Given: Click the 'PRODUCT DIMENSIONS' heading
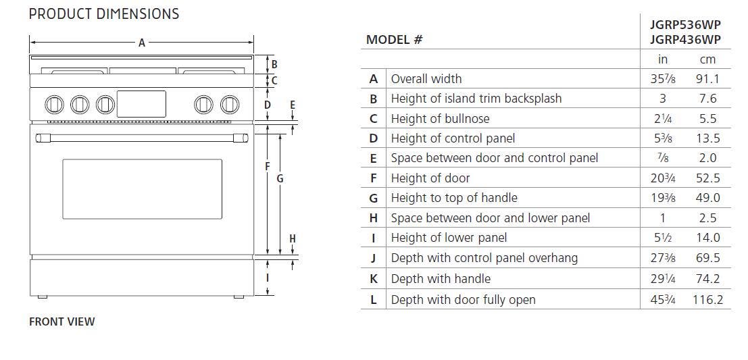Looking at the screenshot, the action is coord(104,14).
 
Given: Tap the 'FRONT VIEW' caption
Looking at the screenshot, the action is coord(62,322).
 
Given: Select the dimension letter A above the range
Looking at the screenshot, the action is coord(142,43).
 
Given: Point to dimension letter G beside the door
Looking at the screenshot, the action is coord(280,179).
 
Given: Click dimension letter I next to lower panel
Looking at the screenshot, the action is coord(268,277).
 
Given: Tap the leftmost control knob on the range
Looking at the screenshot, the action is coord(54,105).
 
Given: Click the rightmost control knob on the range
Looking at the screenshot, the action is coord(230,105).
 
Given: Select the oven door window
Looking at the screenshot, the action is coord(142,189).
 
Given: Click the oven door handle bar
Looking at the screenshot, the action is coord(142,138).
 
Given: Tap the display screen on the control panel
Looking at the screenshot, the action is coord(142,104).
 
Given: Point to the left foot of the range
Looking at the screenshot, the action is coord(43,297).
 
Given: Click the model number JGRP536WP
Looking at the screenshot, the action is coord(685,25).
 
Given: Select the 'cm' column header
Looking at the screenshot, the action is coord(707,59).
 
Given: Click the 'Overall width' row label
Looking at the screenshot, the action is coord(426,78).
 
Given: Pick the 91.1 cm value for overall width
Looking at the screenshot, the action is coord(707,78).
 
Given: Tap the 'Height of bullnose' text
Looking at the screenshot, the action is coord(441,118).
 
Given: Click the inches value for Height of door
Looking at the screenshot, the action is coord(663,178).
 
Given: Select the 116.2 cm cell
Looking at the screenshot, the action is coord(708,300).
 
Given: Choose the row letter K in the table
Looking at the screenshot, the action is coord(374,279).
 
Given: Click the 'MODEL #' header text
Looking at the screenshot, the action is coord(394,40).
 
